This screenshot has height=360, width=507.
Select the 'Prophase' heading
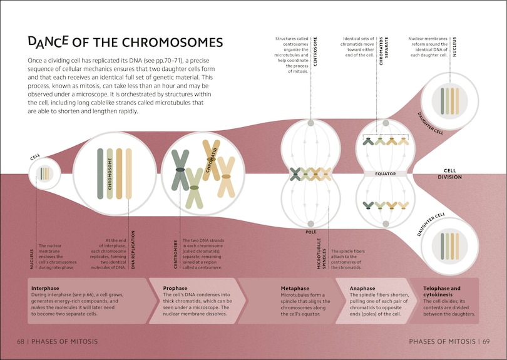(175, 288)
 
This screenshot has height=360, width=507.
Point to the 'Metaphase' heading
(296, 288)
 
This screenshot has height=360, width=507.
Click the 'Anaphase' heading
(363, 288)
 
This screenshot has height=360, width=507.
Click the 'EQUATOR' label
(386, 173)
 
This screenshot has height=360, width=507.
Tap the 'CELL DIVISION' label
(453, 173)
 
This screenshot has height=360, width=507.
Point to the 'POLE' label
(311, 232)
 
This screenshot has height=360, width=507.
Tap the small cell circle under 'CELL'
(44, 173)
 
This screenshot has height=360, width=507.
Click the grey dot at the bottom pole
(311, 222)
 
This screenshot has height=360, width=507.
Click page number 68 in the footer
(20, 342)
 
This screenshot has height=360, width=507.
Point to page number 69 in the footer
(485, 342)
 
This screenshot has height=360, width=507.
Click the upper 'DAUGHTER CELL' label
(431, 123)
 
